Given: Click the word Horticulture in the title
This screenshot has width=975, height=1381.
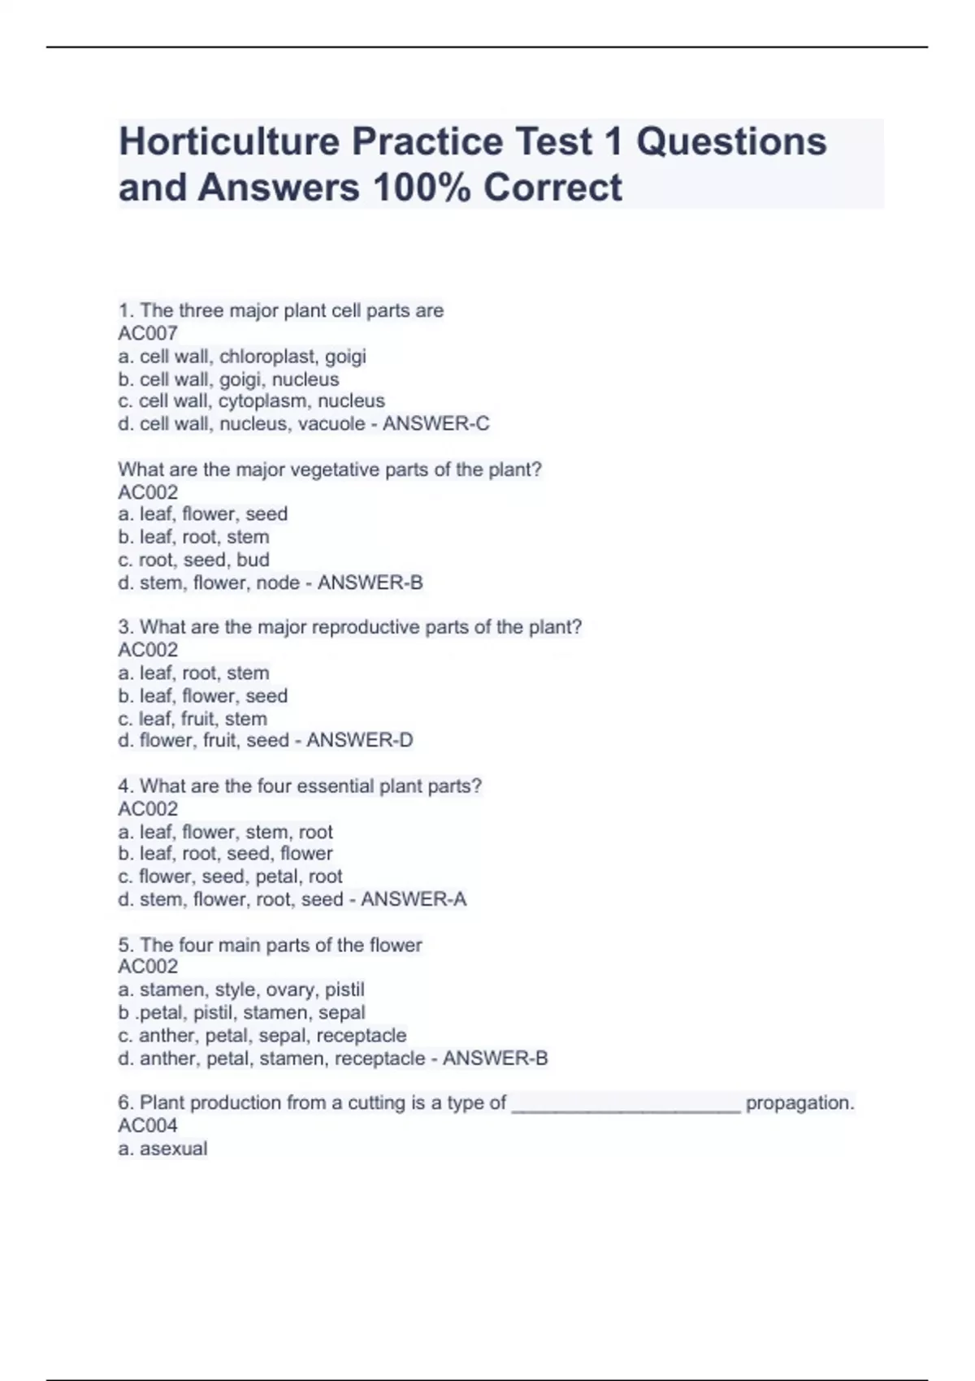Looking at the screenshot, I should pyautogui.click(x=228, y=142).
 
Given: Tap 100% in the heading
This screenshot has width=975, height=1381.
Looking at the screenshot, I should pyautogui.click(x=422, y=188).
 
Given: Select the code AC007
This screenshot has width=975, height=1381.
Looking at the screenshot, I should pyautogui.click(x=148, y=333).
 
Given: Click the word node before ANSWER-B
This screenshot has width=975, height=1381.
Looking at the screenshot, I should pyautogui.click(x=278, y=582).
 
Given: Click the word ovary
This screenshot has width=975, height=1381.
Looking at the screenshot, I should pyautogui.click(x=290, y=989).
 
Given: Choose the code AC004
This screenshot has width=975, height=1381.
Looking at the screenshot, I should pyautogui.click(x=148, y=1125).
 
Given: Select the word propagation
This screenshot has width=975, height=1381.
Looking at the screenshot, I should pyautogui.click(x=799, y=1103).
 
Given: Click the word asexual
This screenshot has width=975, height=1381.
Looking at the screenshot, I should pyautogui.click(x=173, y=1149).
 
